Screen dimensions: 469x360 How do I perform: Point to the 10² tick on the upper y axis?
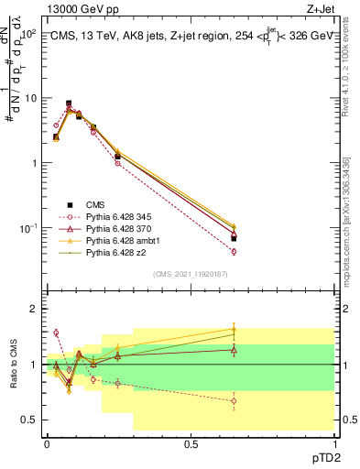click(x=28, y=33)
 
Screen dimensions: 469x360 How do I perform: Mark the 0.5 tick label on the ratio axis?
click(x=29, y=420)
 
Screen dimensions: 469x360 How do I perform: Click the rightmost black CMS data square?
click(x=235, y=238)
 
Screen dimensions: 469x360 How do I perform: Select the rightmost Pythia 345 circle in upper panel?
click(x=235, y=251)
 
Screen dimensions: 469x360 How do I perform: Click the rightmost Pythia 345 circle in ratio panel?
click(x=235, y=400)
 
